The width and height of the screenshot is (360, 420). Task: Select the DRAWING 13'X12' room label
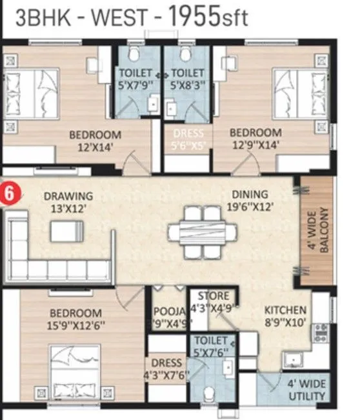68,201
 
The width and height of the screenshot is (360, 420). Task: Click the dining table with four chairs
199,231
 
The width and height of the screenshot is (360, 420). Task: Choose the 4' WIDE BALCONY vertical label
320,231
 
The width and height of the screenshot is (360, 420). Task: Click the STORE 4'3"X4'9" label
210,302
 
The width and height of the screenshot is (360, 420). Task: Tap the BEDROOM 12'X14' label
95,141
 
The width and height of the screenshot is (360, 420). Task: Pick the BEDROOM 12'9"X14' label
255,139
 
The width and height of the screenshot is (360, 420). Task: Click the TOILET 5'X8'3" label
186,79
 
